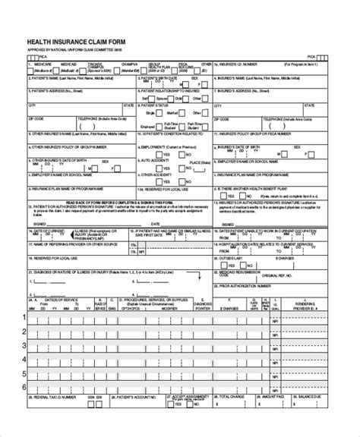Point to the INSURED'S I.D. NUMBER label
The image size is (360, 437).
coord(243,65)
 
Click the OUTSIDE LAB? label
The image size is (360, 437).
coord(232,256)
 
